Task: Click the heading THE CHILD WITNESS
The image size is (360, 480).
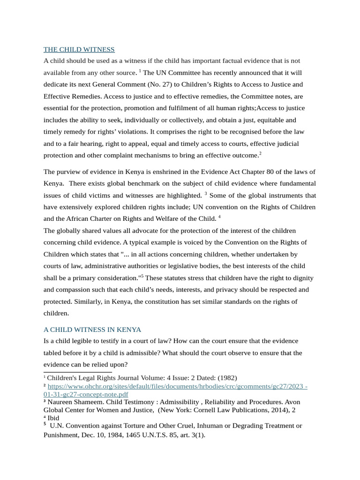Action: [x=79, y=50]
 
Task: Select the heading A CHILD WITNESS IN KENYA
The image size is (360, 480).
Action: [x=92, y=330]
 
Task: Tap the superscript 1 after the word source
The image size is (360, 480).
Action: [x=140, y=71]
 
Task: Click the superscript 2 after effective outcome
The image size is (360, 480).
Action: [x=260, y=153]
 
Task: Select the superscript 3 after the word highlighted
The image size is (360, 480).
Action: [x=206, y=193]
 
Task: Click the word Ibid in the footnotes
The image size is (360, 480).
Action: [x=53, y=418]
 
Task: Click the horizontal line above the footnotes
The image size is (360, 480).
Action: [x=77, y=372]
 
